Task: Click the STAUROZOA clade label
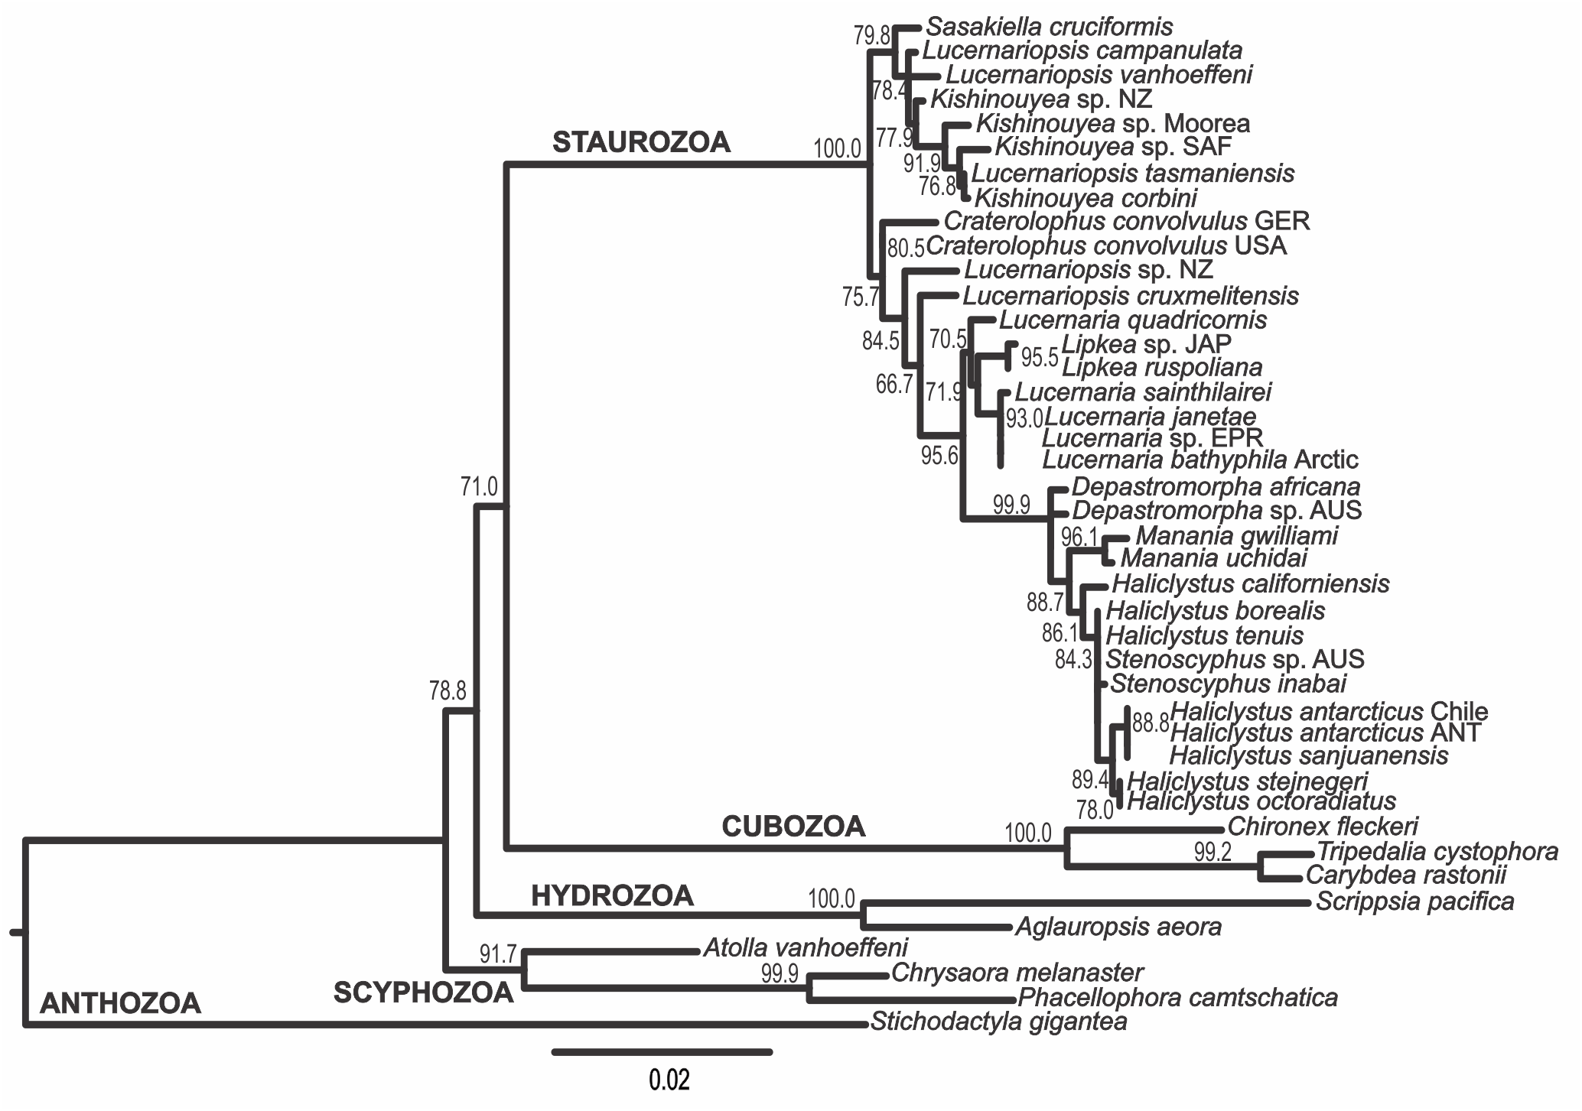point(641,143)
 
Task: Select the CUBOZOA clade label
point(793,827)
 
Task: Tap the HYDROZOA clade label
point(612,896)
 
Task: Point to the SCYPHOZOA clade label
point(423,992)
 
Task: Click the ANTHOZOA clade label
point(120,1003)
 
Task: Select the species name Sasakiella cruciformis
point(1049,28)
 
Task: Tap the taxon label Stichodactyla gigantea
point(998,1022)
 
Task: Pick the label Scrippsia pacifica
point(1414,901)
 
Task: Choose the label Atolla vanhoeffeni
point(805,948)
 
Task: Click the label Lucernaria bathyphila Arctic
point(1200,460)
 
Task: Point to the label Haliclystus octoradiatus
point(1261,801)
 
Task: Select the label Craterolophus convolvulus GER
point(1127,221)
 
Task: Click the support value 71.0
point(479,486)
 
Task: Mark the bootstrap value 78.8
point(448,692)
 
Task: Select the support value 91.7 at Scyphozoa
point(498,954)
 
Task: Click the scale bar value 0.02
point(669,1081)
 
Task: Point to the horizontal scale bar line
point(662,1052)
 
